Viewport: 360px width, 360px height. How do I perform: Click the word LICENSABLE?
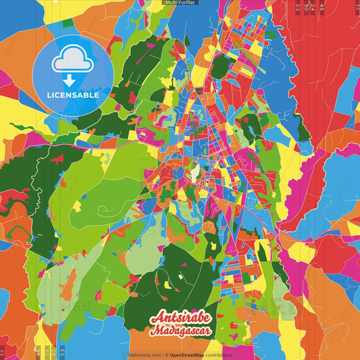click(73, 95)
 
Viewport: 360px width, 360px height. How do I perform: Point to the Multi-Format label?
click(180, 3)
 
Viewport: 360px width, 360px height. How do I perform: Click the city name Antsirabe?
click(180, 317)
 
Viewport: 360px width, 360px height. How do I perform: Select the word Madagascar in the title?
click(181, 331)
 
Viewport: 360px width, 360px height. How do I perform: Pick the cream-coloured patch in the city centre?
click(195, 174)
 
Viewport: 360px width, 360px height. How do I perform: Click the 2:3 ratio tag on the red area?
click(298, 7)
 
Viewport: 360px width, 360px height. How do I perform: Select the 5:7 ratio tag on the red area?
click(306, 7)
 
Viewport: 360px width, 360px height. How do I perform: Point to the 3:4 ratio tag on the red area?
click(313, 7)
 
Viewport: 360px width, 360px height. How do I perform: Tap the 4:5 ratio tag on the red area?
click(322, 7)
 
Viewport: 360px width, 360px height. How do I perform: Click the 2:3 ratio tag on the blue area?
click(63, 352)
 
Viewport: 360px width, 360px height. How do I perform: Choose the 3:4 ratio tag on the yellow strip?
click(47, 352)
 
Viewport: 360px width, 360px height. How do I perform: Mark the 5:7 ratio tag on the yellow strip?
click(55, 352)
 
